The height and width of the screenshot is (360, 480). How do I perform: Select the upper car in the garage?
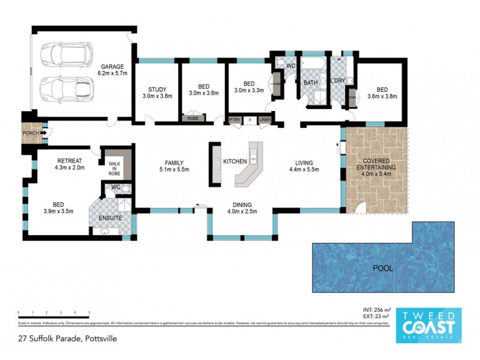(x=64, y=55)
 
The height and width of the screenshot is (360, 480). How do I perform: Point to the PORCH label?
(x=31, y=133)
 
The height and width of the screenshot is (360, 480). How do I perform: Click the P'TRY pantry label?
(x=235, y=121)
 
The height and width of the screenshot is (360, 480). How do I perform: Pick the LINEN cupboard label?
(x=264, y=121)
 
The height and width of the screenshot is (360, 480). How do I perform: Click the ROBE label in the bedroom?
(x=193, y=119)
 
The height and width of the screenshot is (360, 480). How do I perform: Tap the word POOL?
(x=383, y=268)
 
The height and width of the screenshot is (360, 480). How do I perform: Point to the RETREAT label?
(x=70, y=160)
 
